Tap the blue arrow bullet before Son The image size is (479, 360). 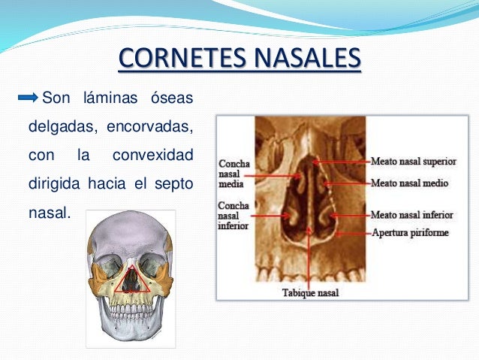click(28, 98)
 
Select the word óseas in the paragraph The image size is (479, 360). click(170, 98)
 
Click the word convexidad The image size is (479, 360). click(152, 156)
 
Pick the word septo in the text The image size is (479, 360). click(172, 184)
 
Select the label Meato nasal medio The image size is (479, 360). click(410, 183)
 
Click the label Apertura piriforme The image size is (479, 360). click(410, 232)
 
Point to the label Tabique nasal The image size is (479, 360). click(309, 292)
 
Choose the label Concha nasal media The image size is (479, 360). click(233, 174)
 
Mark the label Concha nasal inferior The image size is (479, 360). click(233, 216)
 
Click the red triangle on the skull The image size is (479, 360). click(131, 279)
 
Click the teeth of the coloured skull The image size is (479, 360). click(131, 308)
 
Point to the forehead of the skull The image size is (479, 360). click(130, 233)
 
